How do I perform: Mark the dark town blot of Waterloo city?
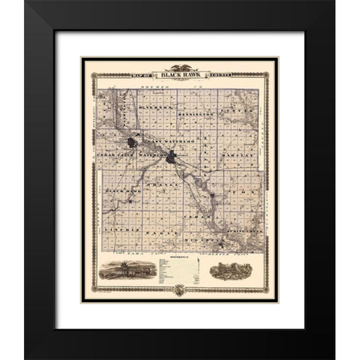tap(173, 157)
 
